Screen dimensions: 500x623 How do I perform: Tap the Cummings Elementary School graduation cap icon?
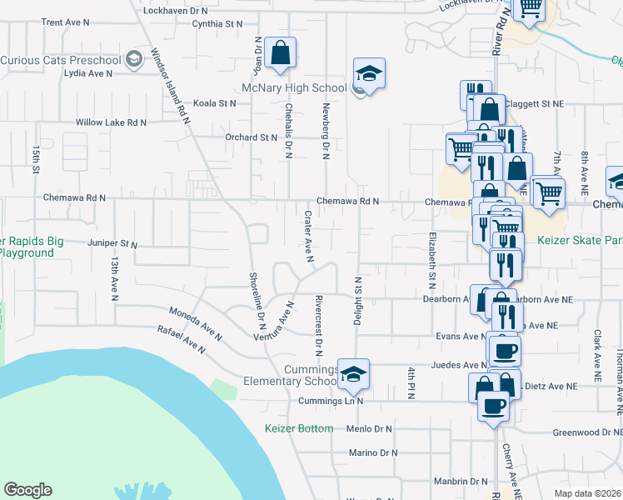click(354, 375)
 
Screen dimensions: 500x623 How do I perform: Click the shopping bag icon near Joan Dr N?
click(282, 53)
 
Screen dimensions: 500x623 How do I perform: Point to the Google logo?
click(27, 490)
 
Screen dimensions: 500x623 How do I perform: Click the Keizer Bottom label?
click(299, 428)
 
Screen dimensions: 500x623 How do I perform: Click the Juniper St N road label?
click(112, 244)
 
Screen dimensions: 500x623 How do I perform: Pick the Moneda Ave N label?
click(196, 323)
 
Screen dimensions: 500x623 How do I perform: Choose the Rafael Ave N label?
click(181, 338)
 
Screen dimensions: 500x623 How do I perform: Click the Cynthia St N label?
click(217, 24)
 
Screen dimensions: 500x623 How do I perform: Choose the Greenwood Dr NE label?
click(588, 432)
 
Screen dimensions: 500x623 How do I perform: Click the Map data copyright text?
click(587, 493)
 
